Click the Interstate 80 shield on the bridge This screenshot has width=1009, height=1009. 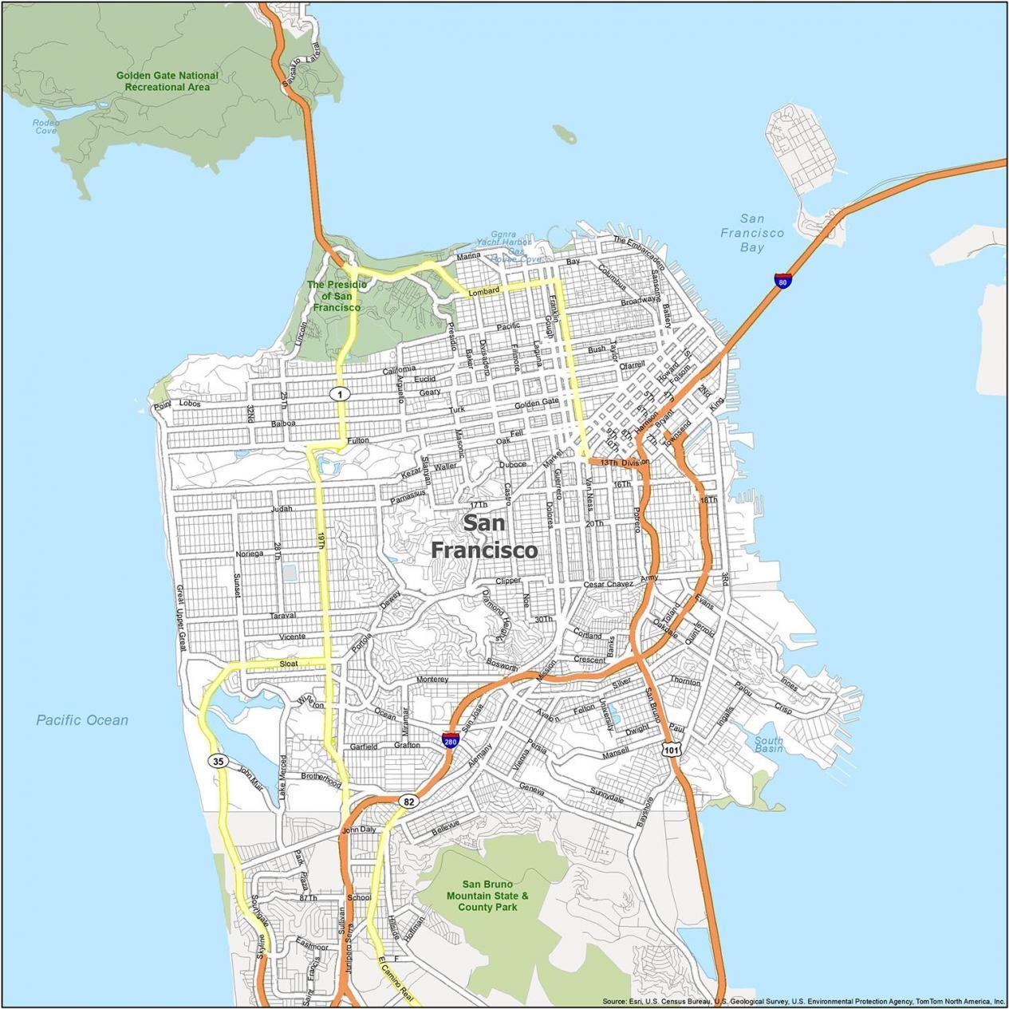tap(783, 281)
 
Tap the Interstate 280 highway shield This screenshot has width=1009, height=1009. tap(450, 739)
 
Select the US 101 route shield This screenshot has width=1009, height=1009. tap(671, 749)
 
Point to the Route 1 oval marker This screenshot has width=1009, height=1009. tap(341, 394)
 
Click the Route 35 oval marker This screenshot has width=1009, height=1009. tap(219, 761)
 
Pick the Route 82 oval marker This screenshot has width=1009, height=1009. tap(408, 801)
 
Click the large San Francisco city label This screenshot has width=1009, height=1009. tap(484, 537)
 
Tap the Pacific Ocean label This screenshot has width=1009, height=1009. tap(82, 720)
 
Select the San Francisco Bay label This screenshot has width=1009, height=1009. tap(751, 233)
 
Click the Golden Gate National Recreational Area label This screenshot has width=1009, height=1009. tap(167, 81)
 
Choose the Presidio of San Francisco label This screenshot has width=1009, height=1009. tap(336, 296)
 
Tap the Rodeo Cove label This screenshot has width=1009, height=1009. tap(45, 126)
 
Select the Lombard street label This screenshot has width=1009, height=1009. tap(483, 291)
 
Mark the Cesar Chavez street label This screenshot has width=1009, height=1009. tap(608, 584)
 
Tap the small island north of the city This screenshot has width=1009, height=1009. tap(565, 134)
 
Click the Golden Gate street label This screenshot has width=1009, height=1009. tap(536, 404)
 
